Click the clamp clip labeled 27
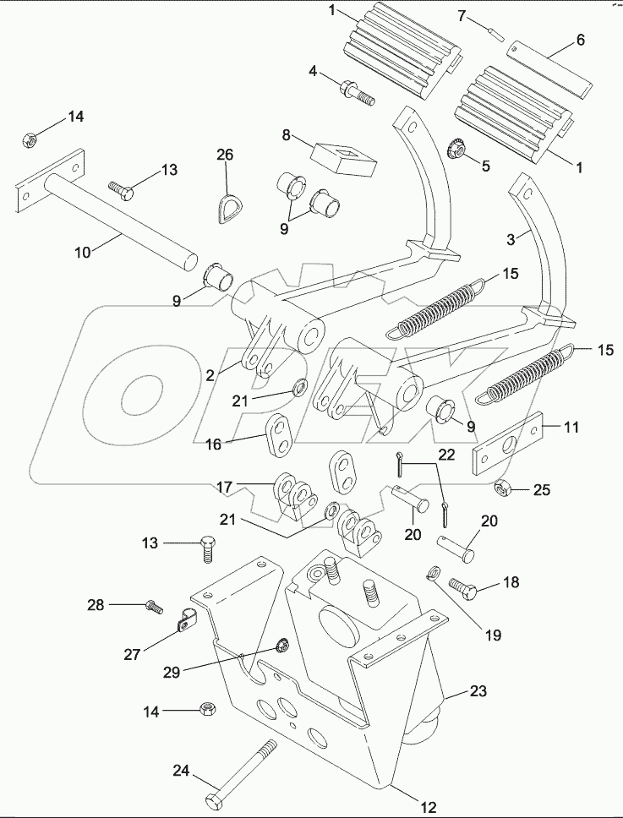tap(183, 625)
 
